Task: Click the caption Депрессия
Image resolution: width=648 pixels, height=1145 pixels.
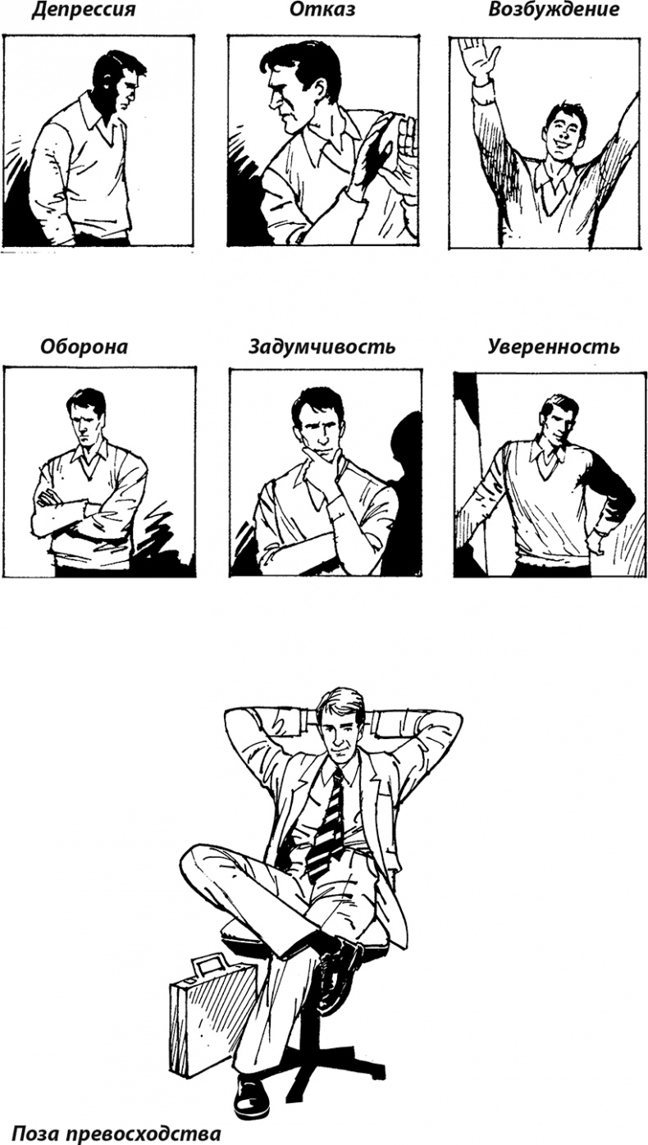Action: [84, 10]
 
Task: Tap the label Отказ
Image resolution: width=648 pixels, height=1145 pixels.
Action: [322, 9]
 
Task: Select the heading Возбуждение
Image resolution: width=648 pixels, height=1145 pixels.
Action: [554, 10]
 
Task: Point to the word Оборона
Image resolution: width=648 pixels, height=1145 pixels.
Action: [84, 347]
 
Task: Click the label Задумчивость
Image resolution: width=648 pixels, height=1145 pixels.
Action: [322, 347]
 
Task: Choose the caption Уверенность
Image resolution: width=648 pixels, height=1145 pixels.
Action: [554, 347]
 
